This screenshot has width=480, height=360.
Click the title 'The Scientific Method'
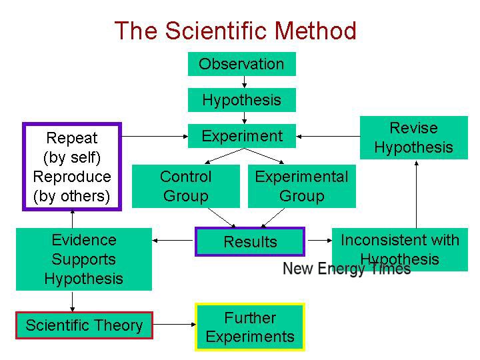pyautogui.click(x=235, y=31)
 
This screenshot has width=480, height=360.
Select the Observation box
pyautogui.click(x=241, y=64)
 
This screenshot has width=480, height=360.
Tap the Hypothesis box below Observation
pyautogui.click(x=241, y=100)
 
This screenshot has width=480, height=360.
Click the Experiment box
pyautogui.click(x=242, y=136)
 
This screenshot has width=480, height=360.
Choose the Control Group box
pyautogui.click(x=185, y=186)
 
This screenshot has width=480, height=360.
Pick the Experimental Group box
pyautogui.click(x=301, y=186)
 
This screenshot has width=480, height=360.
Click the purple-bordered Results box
pyautogui.click(x=250, y=241)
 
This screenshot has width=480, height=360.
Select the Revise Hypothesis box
pyautogui.click(x=413, y=137)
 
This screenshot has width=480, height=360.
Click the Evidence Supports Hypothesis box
pyautogui.click(x=83, y=259)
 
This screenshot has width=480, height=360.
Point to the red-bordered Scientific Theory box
pyautogui.click(x=84, y=325)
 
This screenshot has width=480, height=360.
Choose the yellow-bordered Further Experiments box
pyautogui.click(x=250, y=327)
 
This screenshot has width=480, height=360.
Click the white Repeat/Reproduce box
pyautogui.click(x=72, y=167)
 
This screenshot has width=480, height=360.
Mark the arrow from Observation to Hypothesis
pyautogui.click(x=245, y=82)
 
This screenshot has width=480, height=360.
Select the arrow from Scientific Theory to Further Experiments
pyautogui.click(x=174, y=325)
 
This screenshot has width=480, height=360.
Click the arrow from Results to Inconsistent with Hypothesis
pyautogui.click(x=318, y=241)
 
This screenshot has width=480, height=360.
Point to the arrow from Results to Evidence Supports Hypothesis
pyautogui.click(x=173, y=239)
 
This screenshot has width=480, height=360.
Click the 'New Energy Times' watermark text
pyautogui.click(x=347, y=269)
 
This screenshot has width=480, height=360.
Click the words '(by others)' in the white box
pyautogui.click(x=72, y=196)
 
